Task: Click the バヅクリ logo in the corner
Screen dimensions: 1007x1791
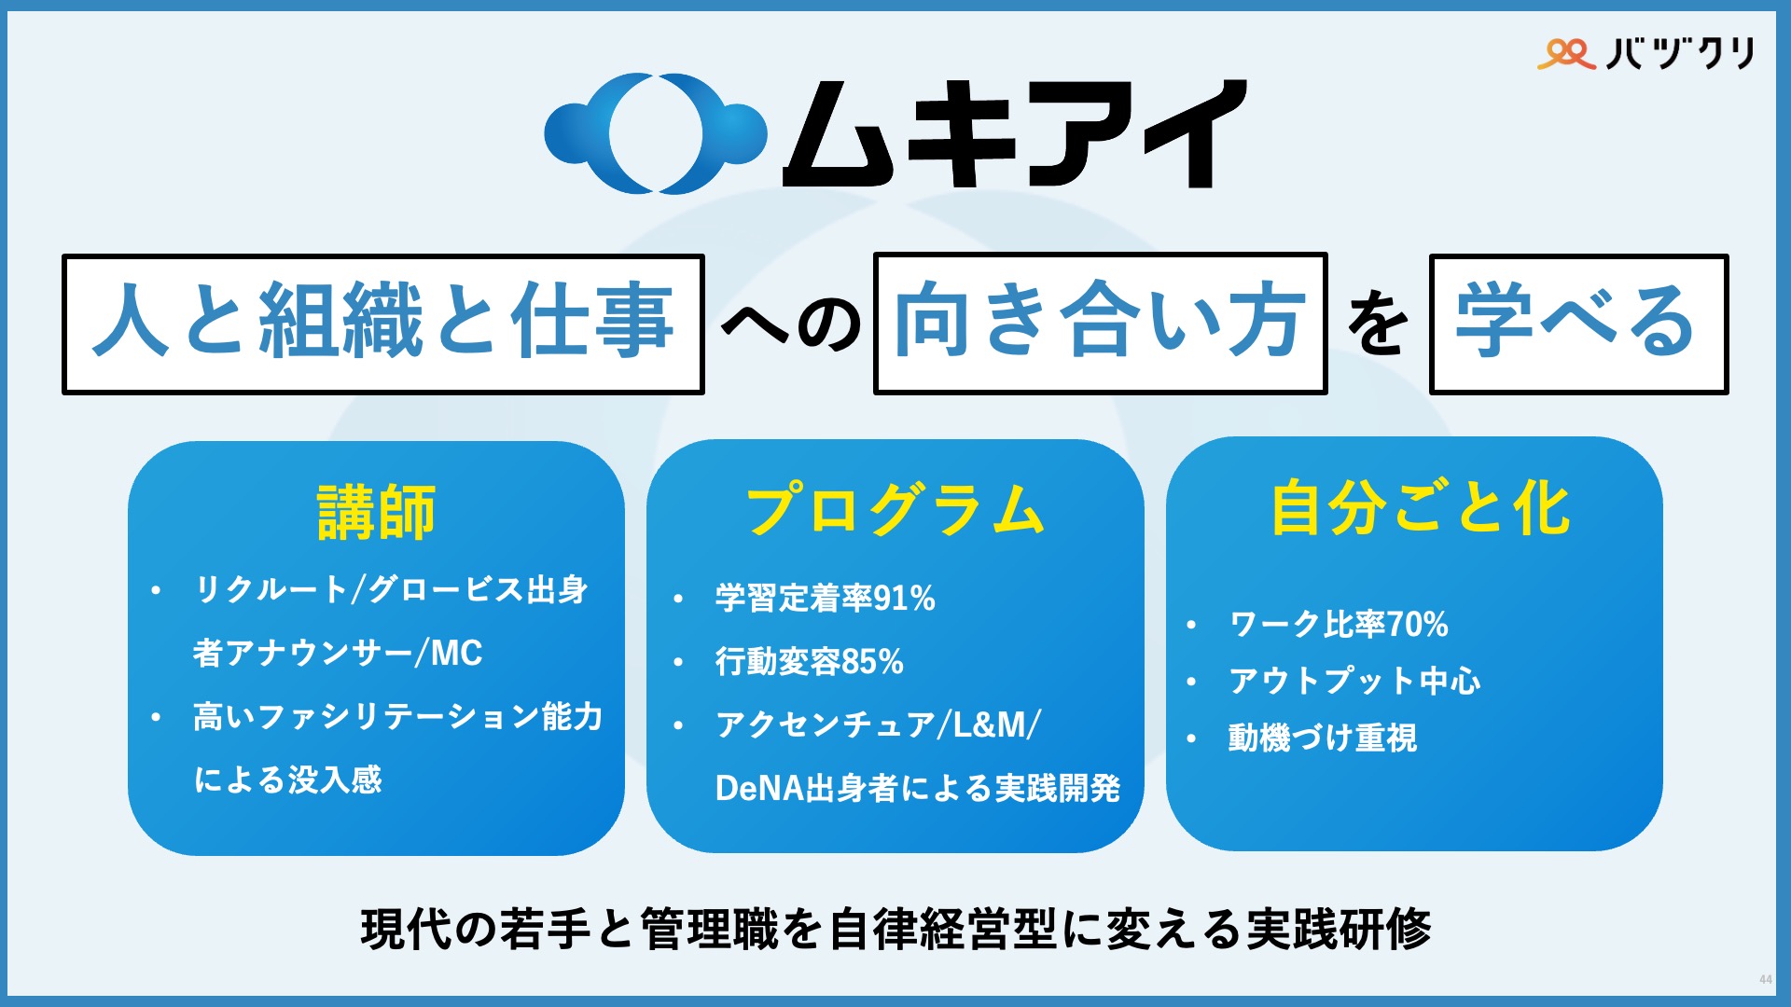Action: pyautogui.click(x=1646, y=53)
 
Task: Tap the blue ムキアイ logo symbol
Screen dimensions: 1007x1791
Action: pyautogui.click(x=656, y=133)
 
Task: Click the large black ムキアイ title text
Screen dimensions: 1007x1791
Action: pyautogui.click(x=1014, y=133)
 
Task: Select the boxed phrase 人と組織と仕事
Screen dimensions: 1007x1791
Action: pyautogui.click(x=382, y=324)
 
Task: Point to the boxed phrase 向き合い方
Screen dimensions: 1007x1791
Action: pyautogui.click(x=1100, y=324)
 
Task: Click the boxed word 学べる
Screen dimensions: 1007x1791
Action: pyautogui.click(x=1577, y=324)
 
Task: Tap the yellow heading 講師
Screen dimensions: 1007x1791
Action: pyautogui.click(x=376, y=512)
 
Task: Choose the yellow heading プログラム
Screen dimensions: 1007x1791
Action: pyautogui.click(x=895, y=510)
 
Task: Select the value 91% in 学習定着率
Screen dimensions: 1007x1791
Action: pyautogui.click(x=904, y=599)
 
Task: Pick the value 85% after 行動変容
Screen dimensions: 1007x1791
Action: pyautogui.click(x=872, y=662)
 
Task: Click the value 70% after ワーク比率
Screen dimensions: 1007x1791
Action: pyautogui.click(x=1417, y=624)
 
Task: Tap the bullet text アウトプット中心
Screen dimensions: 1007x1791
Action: pyautogui.click(x=1354, y=681)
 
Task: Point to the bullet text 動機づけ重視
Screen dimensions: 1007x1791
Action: pyautogui.click(x=1322, y=738)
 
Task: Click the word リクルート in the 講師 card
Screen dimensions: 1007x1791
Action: pyautogui.click(x=271, y=589)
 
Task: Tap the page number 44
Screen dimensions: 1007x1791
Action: pyautogui.click(x=1765, y=980)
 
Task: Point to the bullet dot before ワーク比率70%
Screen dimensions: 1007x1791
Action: pyautogui.click(x=1191, y=625)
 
